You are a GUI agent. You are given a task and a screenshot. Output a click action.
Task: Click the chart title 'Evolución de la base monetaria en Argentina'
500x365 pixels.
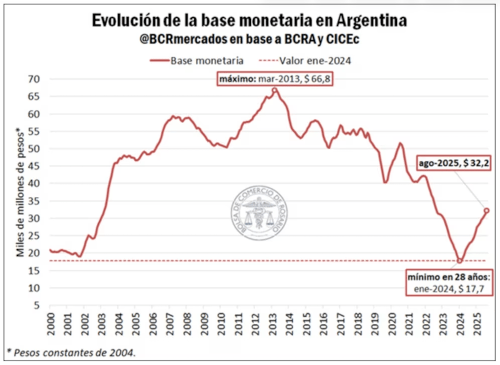coord(249,21)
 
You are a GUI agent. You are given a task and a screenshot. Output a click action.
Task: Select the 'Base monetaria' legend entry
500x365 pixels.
coord(196,61)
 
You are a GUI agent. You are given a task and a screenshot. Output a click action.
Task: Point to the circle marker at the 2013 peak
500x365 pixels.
coord(275,90)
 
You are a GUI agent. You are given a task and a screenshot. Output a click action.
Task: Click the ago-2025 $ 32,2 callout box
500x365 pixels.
coord(453,164)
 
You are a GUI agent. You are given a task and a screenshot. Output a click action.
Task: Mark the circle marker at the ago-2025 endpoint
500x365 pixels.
coord(486,211)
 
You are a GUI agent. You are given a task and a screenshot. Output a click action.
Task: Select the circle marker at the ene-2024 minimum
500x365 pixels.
coord(459,260)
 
